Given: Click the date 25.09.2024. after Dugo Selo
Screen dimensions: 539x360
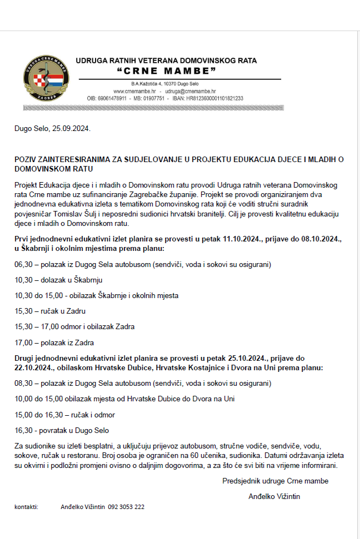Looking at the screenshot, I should pyautogui.click(x=71, y=129).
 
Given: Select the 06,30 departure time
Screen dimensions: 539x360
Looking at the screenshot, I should pyautogui.click(x=23, y=264).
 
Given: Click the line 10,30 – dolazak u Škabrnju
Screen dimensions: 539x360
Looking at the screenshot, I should pyautogui.click(x=58, y=280).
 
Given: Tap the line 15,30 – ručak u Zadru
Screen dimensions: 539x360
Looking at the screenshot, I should pyautogui.click(x=50, y=311).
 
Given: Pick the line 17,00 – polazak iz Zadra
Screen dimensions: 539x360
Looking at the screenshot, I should pyautogui.click(x=54, y=342).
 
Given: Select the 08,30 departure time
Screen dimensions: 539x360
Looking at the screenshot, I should pyautogui.click(x=23, y=384).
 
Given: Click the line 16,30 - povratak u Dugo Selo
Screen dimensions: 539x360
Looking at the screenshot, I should pyautogui.click(x=62, y=430).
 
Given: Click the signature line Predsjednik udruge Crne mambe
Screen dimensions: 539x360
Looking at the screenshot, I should pyautogui.click(x=275, y=481).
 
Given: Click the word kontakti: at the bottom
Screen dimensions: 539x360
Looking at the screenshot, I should pyautogui.click(x=26, y=507).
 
